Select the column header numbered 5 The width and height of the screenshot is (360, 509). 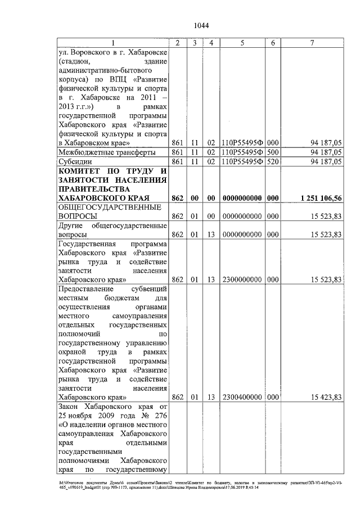(x=242, y=43)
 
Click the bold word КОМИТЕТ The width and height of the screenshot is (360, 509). (x=83, y=171)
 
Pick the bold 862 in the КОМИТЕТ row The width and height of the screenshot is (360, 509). (x=177, y=199)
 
